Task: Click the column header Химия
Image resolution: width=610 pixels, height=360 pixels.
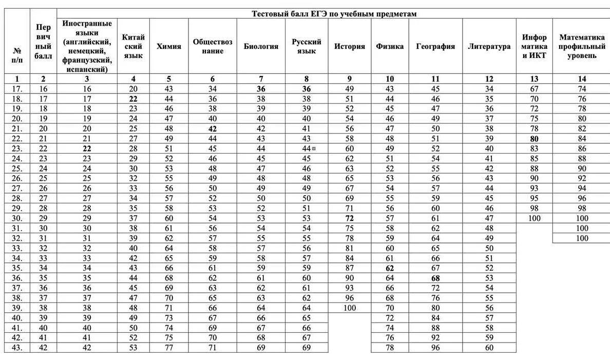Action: [169, 46]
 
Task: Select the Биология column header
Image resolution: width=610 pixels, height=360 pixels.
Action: [261, 46]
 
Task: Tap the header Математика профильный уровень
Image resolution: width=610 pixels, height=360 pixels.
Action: [582, 46]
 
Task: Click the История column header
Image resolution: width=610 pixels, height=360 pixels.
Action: [350, 46]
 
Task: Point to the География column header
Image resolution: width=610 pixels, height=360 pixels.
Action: [435, 46]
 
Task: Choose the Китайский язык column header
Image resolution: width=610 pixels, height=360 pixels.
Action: [134, 46]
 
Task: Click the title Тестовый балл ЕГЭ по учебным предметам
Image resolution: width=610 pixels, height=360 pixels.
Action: [334, 14]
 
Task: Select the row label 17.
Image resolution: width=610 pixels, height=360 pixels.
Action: [17, 89]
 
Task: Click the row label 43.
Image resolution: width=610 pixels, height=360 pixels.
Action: [17, 348]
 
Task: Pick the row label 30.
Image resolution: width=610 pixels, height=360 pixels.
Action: [17, 218]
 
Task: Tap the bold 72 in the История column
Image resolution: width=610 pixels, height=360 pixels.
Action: [350, 218]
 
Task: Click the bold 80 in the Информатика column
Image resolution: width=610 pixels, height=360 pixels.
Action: [534, 139]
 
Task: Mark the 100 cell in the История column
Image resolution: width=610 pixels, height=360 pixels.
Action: [350, 308]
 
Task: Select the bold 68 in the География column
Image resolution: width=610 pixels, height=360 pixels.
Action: [435, 278]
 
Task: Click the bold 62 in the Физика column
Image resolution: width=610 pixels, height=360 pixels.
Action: [390, 268]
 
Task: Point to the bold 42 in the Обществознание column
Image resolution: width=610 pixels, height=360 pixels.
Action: [213, 129]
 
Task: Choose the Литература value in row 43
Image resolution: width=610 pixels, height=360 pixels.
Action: [489, 348]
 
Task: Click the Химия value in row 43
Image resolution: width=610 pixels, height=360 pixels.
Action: [169, 348]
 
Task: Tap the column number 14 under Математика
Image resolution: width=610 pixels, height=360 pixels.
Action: [582, 79]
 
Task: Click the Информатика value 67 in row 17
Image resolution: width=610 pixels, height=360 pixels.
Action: [534, 89]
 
